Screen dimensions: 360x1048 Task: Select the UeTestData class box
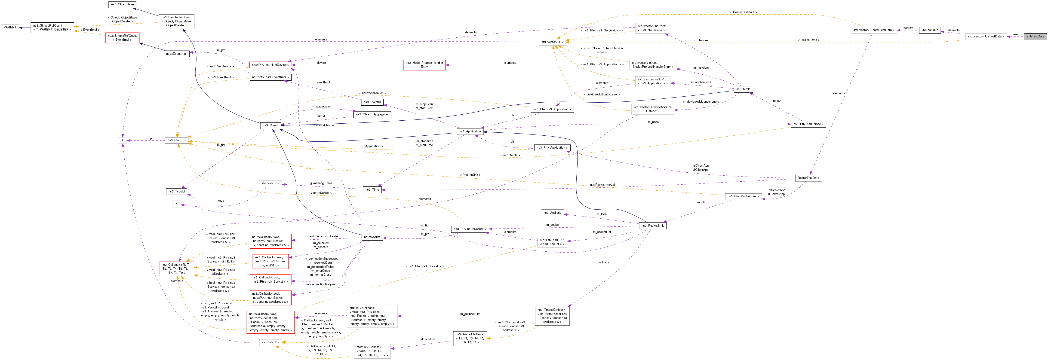click(x=930, y=30)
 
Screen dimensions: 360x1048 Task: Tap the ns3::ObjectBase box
click(x=123, y=4)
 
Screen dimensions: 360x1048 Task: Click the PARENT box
click(x=10, y=28)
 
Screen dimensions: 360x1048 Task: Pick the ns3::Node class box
click(x=743, y=89)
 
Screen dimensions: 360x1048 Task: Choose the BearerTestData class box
click(x=808, y=178)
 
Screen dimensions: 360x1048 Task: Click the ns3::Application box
click(x=470, y=131)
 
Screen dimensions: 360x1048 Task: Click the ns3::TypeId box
click(x=177, y=191)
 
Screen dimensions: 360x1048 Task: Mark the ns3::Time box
click(x=372, y=189)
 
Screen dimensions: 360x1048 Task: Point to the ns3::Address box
click(x=552, y=213)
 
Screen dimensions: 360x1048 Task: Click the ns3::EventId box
click(x=372, y=102)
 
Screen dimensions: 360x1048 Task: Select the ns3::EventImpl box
click(x=177, y=54)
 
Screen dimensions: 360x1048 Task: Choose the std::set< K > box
click(x=270, y=183)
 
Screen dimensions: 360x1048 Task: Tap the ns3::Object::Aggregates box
click(x=372, y=114)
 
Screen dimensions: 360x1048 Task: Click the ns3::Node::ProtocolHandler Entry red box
click(x=424, y=65)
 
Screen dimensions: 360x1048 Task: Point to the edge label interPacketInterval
click(x=602, y=185)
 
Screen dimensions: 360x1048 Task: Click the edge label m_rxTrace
click(x=602, y=262)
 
